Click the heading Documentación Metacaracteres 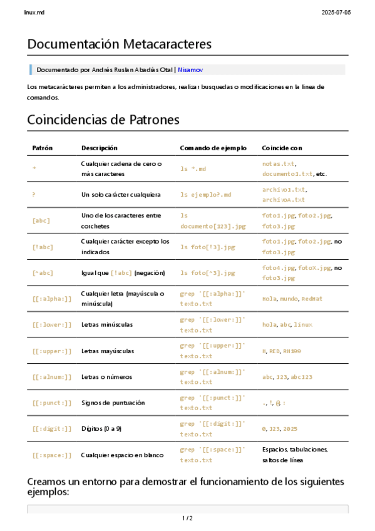coord(119,44)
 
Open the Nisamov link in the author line coord(190,70)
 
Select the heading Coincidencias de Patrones coord(103,119)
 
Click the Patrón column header coord(43,148)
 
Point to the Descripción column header coord(99,148)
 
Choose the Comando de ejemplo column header coord(213,148)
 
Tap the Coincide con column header coord(282,148)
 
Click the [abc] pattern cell coord(41,220)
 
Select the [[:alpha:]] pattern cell coord(52,299)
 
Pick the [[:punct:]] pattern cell coord(52,403)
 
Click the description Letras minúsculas coord(106,324)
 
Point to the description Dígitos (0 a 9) coord(101,428)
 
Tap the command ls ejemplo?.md coord(206,195)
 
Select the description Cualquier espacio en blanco coord(122,455)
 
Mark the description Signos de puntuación coord(113,403)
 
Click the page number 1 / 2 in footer coord(187,518)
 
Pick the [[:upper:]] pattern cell coord(52,351)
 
